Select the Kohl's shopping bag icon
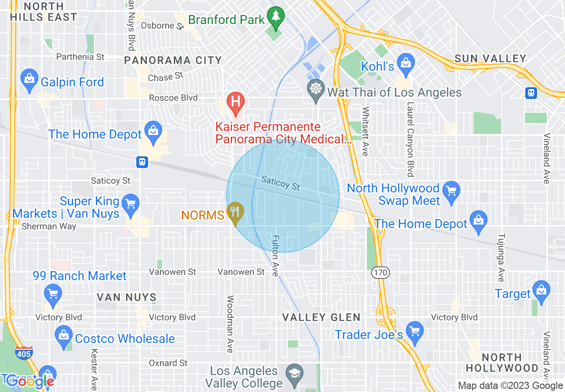click(x=405, y=63)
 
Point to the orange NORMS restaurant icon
click(x=235, y=211)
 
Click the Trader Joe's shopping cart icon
click(x=415, y=331)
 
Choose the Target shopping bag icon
click(x=541, y=290)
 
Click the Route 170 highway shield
click(x=382, y=272)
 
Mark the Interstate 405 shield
click(x=23, y=353)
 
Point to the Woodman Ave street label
click(x=230, y=324)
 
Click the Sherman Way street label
click(x=49, y=226)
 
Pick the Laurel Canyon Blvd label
click(x=410, y=139)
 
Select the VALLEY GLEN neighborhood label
click(x=321, y=317)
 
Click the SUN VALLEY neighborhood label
click(x=490, y=59)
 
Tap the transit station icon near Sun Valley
click(x=531, y=93)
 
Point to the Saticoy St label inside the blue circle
click(x=281, y=183)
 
